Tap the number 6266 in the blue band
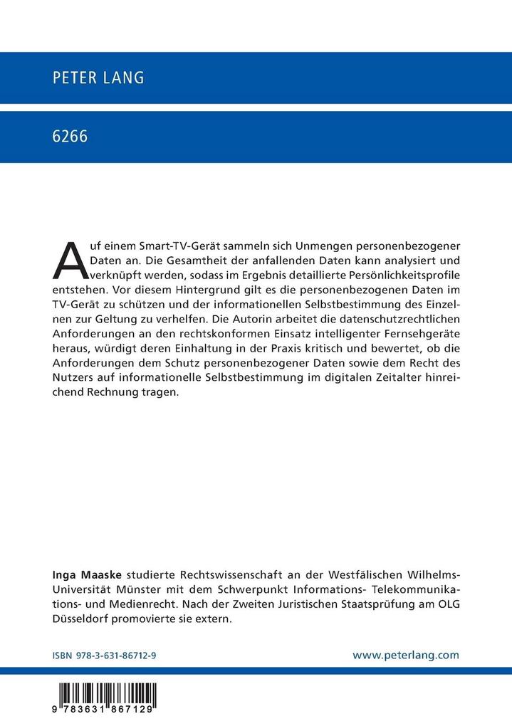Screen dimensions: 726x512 (x=70, y=137)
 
